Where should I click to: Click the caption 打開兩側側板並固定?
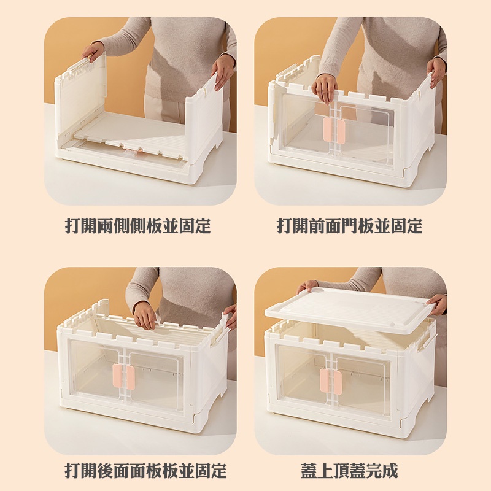[x=137, y=226]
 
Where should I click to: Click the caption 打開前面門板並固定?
[x=349, y=226]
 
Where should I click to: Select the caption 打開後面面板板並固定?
[x=145, y=471]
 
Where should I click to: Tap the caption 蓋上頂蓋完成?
[x=349, y=471]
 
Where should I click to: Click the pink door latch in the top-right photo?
[x=334, y=131]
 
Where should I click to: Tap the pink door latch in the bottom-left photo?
[x=123, y=376]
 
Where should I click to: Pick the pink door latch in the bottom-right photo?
[x=331, y=381]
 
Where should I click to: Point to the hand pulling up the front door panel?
[x=325, y=88]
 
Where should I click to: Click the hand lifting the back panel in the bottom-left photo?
[x=145, y=315]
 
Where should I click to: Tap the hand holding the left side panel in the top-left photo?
[x=93, y=51]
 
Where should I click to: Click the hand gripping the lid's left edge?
[x=307, y=285]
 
